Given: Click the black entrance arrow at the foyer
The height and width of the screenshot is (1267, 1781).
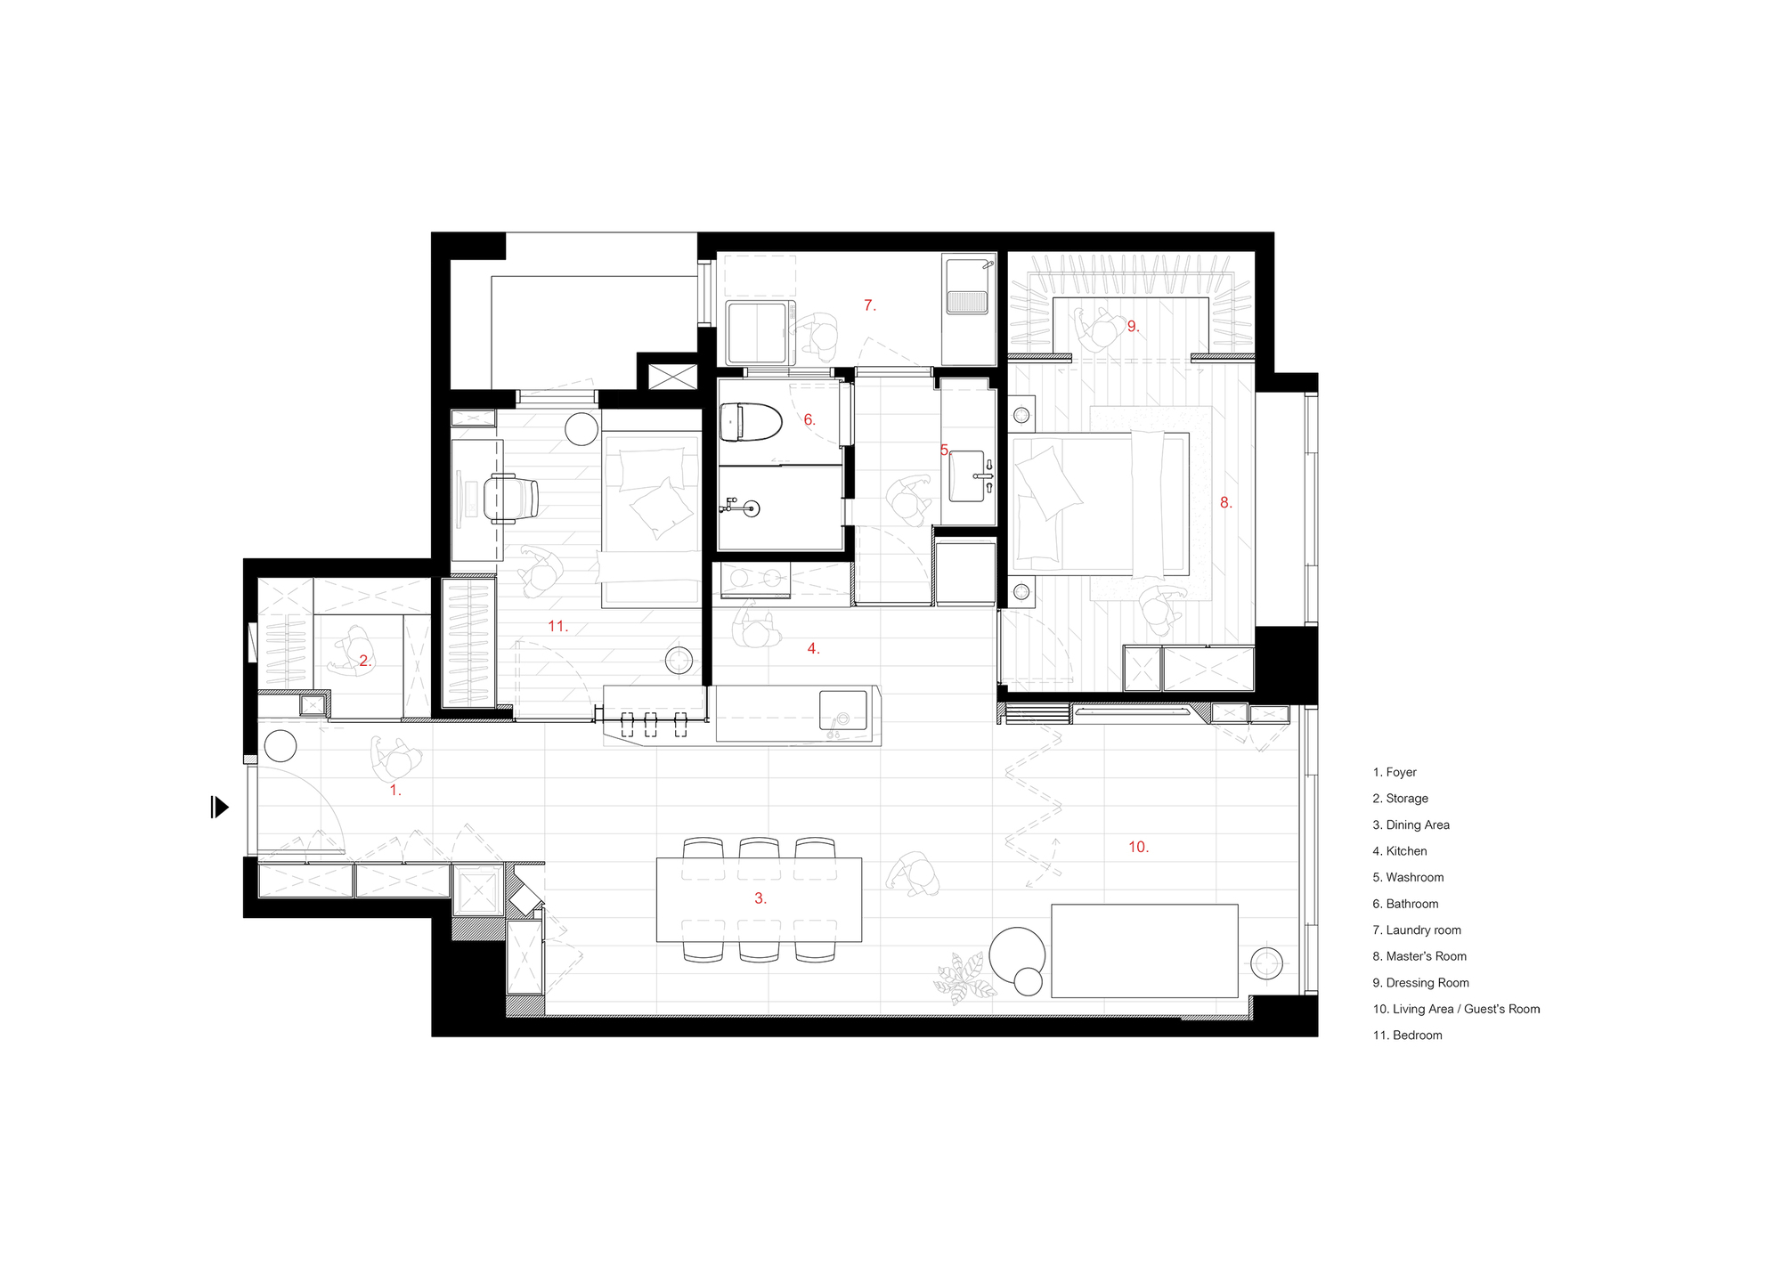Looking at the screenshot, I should click(219, 808).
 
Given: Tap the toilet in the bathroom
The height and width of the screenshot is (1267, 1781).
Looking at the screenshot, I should click(749, 422).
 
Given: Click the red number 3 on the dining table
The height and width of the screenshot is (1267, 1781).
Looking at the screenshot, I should click(760, 898).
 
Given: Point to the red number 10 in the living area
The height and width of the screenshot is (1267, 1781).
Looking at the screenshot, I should click(1138, 847).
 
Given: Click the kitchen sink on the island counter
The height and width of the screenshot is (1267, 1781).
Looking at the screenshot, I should click(842, 711).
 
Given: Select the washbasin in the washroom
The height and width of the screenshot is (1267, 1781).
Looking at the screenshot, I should click(969, 476).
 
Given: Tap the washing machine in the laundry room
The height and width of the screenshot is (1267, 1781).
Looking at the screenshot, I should click(760, 333).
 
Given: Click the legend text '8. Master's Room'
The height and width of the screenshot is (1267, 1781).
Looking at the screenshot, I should click(1419, 956).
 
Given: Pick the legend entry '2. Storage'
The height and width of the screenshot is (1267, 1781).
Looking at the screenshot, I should click(1400, 799).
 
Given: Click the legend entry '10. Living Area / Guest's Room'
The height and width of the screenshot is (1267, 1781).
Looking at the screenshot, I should click(1456, 1009).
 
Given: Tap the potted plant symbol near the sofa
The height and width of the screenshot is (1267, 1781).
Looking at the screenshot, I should click(964, 979).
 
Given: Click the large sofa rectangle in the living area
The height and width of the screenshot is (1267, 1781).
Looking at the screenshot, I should click(1144, 950).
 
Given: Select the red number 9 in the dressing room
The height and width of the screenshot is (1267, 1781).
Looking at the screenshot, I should click(1133, 327).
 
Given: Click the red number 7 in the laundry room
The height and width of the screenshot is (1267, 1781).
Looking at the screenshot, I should click(869, 305).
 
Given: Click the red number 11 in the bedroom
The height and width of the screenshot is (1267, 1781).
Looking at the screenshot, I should click(557, 626).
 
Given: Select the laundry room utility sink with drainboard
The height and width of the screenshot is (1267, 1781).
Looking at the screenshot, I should click(968, 287).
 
